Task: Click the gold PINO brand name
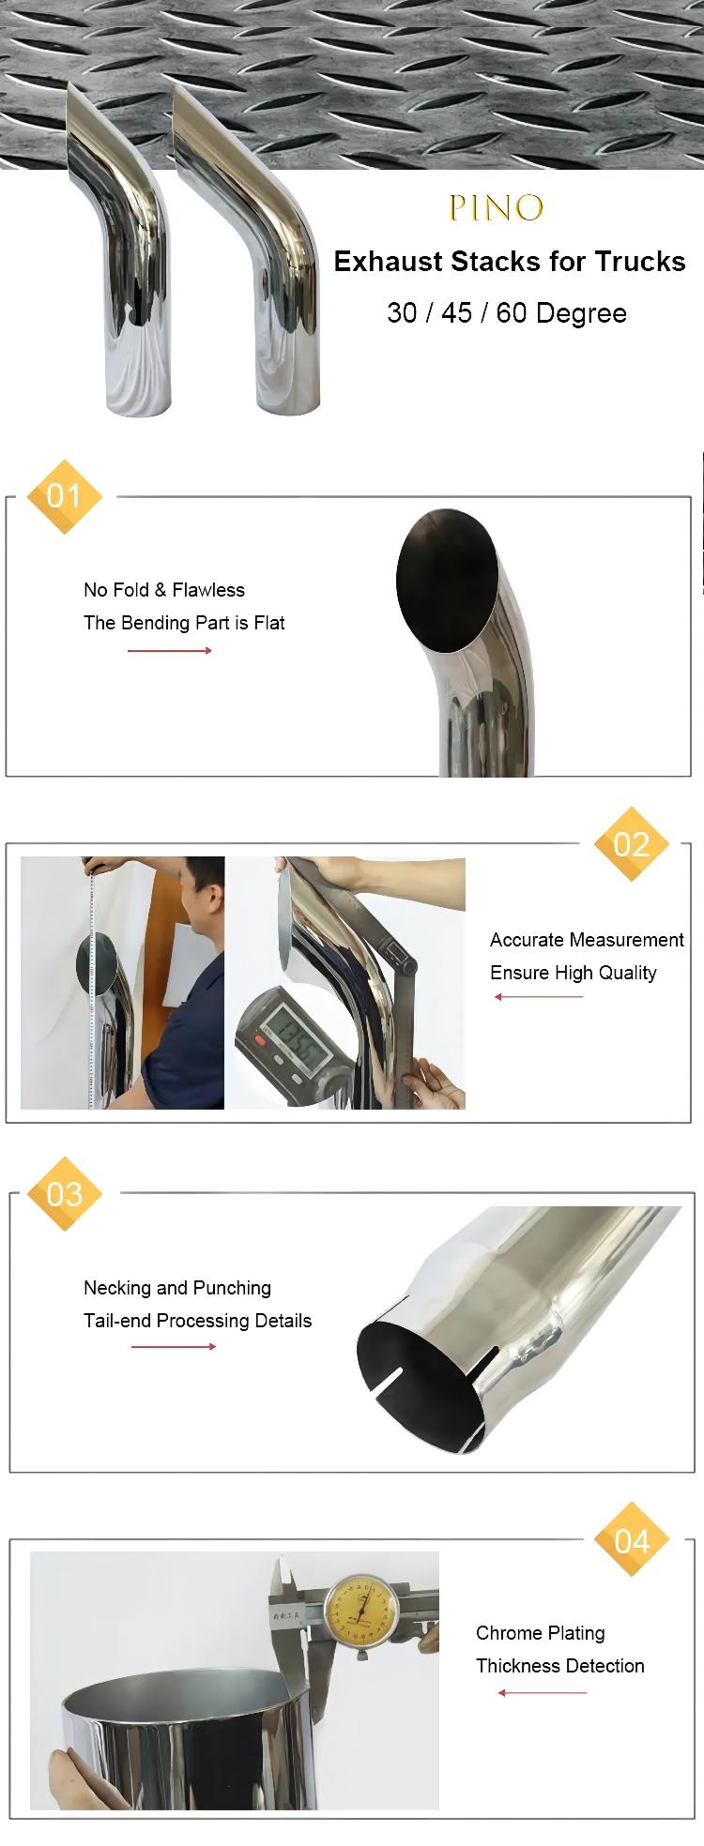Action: [x=496, y=207]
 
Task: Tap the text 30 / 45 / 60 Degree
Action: [x=507, y=312]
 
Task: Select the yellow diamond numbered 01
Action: [x=64, y=496]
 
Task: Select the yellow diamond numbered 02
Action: [x=632, y=844]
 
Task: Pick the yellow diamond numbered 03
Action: [x=64, y=1193]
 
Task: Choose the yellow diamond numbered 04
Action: [x=632, y=1540]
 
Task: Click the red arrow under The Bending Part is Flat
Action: [x=170, y=651]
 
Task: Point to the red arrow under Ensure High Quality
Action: [x=539, y=997]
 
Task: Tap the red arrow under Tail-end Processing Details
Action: [x=174, y=1347]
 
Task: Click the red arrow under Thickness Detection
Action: [x=543, y=1693]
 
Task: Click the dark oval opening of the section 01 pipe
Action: [x=447, y=582]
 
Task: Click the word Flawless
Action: [x=208, y=590]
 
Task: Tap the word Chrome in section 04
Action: [x=509, y=1633]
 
